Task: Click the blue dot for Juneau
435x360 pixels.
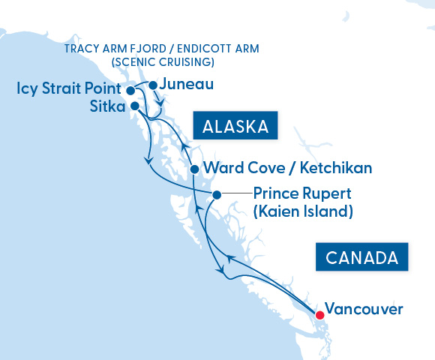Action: pos(153,85)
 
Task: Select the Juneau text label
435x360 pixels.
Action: pos(187,85)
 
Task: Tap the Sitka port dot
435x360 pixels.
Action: pos(134,106)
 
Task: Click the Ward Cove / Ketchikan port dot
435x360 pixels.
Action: pos(194,169)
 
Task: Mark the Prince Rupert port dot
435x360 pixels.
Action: pos(217,195)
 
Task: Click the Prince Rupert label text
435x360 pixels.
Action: pos(301,193)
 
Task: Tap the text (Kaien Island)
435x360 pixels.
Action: pos(303,211)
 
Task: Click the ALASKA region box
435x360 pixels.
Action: pos(235,126)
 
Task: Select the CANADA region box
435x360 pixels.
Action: pos(362,257)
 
